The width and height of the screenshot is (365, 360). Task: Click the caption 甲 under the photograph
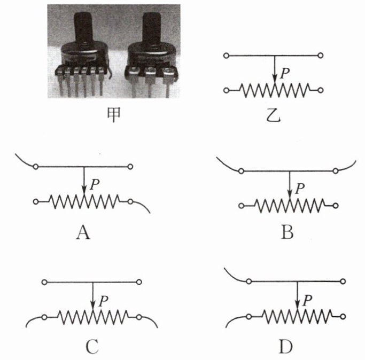click(113, 113)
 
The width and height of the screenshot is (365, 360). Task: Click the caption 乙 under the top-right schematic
click(273, 113)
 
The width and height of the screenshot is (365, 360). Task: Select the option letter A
click(83, 233)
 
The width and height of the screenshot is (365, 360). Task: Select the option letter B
click(288, 233)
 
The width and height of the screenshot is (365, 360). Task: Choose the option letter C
click(91, 348)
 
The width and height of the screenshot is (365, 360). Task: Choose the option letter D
click(286, 348)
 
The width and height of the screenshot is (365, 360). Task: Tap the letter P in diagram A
click(95, 185)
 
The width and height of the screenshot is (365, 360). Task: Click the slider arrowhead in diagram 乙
click(274, 79)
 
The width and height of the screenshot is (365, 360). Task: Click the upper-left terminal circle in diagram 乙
click(227, 56)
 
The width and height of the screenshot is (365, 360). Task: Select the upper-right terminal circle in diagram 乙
click(320, 56)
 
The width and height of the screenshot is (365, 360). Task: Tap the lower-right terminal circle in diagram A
click(131, 202)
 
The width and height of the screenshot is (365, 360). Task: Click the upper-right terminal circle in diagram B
click(335, 171)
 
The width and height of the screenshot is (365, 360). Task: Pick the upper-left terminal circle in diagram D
click(249, 281)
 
